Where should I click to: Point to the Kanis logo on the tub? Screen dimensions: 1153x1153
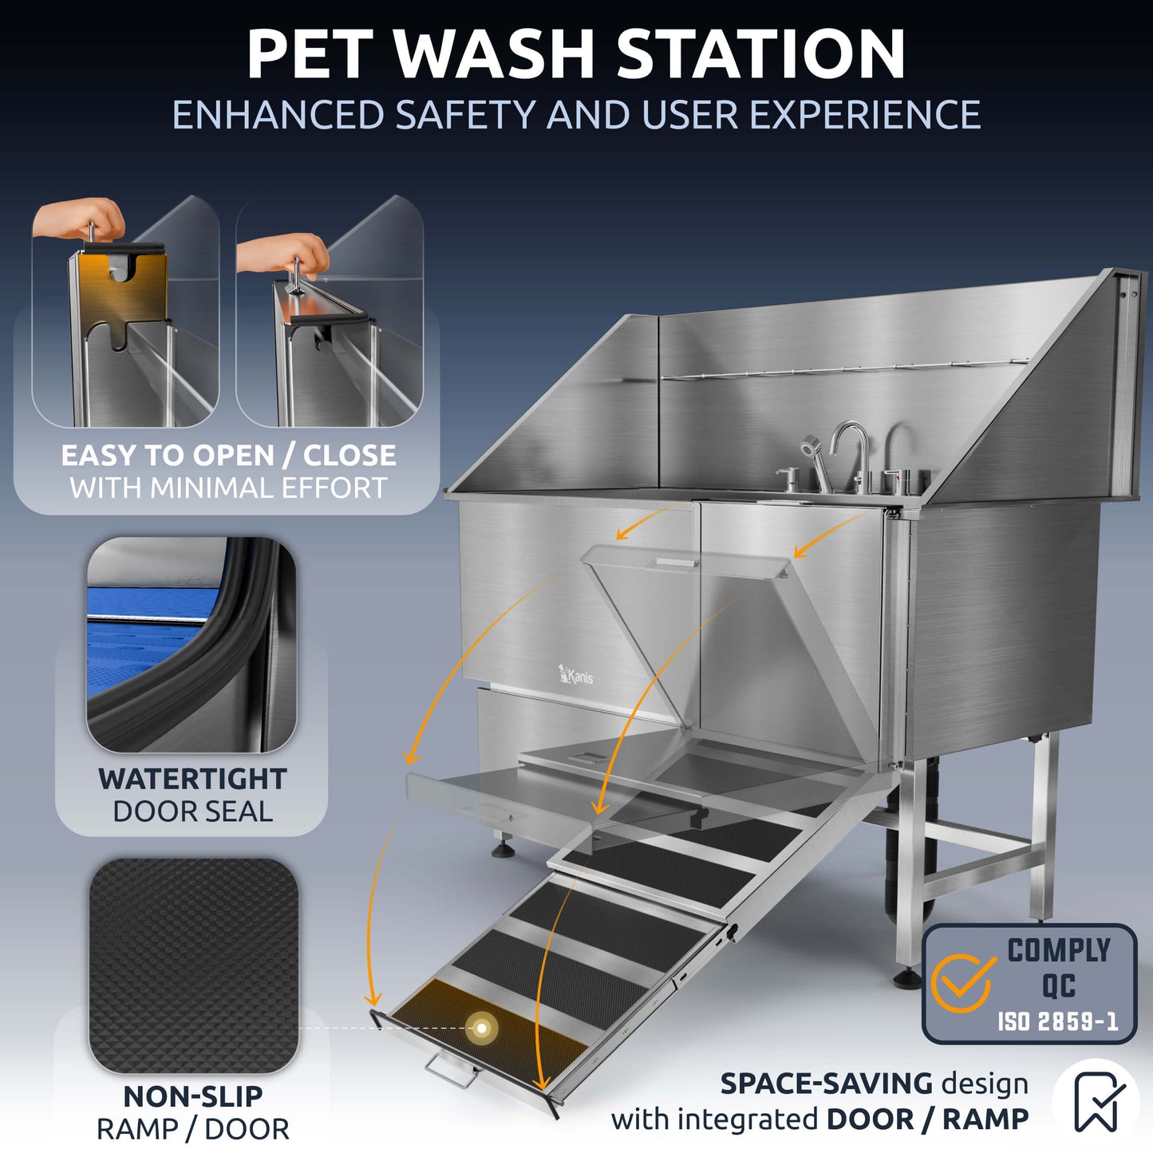575,676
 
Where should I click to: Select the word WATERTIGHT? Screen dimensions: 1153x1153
192,779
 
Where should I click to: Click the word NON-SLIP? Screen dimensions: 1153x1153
192,1096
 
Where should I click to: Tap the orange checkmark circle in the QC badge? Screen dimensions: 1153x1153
963,983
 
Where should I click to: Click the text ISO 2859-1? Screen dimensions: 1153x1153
1057,1021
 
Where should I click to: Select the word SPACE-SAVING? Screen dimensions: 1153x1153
826,1084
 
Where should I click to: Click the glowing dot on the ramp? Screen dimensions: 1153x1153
482,1028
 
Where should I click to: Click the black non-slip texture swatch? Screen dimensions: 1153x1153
193,965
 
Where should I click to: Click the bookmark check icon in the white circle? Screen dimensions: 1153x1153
1096,1101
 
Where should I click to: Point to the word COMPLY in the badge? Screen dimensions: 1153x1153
1058,950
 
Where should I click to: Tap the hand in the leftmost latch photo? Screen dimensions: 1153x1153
80,217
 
